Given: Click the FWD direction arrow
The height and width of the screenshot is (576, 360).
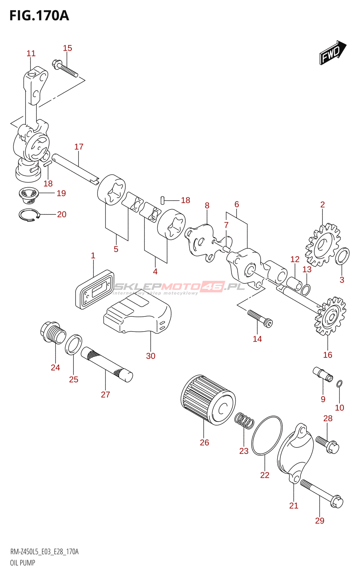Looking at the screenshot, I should pyautogui.click(x=333, y=53).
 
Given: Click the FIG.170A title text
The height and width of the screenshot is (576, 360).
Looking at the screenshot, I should pyautogui.click(x=39, y=16).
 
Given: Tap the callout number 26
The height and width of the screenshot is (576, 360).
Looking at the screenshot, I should pyautogui.click(x=204, y=442).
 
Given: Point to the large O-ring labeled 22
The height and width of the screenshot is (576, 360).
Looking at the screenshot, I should pyautogui.click(x=267, y=436).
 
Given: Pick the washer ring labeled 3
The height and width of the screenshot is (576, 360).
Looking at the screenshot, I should pyautogui.click(x=342, y=256).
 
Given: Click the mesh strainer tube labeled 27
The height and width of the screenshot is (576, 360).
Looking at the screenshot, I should pyautogui.click(x=107, y=364).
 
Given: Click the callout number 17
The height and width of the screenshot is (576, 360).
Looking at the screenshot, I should pyautogui.click(x=79, y=147).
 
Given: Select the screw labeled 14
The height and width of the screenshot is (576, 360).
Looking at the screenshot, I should pyautogui.click(x=260, y=318).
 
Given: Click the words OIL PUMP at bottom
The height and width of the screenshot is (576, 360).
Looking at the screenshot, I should pyautogui.click(x=23, y=563).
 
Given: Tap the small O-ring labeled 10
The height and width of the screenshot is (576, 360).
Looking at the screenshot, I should pyautogui.click(x=339, y=384).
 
